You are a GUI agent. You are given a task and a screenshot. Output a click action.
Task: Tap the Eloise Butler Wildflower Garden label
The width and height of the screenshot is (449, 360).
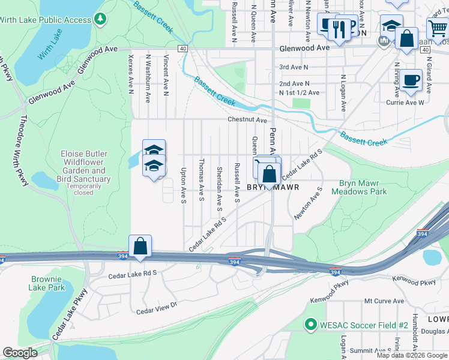pos(85,166)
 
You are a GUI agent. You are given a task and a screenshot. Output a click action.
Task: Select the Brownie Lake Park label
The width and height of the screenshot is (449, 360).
pos(46,283)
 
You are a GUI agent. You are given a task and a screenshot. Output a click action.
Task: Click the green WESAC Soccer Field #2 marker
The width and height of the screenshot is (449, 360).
pos(310,325)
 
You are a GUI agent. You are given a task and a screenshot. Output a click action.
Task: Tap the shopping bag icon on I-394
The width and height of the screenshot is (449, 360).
pos(140,246)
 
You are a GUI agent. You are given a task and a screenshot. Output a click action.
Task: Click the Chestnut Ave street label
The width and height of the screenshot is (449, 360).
pos(247,120)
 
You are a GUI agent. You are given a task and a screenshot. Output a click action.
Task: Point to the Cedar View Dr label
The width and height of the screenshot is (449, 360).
pos(157,308)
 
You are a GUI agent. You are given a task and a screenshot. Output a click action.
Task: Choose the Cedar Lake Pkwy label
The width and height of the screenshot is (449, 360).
pos(70,315)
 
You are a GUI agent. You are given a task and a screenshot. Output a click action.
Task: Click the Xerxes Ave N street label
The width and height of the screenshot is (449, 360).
pos(130,76)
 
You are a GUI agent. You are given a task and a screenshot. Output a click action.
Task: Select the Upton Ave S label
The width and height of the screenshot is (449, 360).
pos(183,185)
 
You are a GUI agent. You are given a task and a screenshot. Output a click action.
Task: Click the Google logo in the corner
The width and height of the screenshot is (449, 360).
pos(20,353)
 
